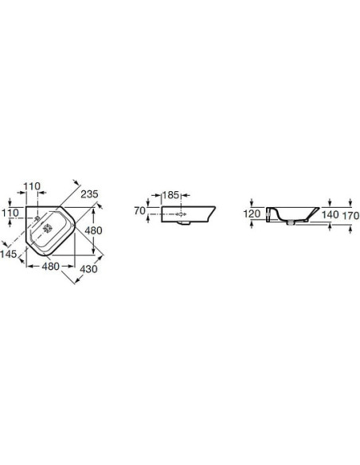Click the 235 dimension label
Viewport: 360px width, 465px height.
[x=89, y=194]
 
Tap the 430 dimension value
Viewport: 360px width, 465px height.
[x=88, y=269]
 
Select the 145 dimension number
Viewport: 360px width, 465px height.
[x=9, y=254]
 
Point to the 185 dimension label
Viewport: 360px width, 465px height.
[x=170, y=195]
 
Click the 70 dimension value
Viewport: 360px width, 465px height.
[x=139, y=211]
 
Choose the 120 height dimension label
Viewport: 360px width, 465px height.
[x=252, y=213]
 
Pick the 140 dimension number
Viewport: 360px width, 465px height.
[x=330, y=215]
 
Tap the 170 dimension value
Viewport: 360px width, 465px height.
[x=350, y=216]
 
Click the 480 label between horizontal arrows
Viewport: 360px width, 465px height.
[x=50, y=266]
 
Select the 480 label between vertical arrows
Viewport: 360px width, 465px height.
[x=93, y=230]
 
